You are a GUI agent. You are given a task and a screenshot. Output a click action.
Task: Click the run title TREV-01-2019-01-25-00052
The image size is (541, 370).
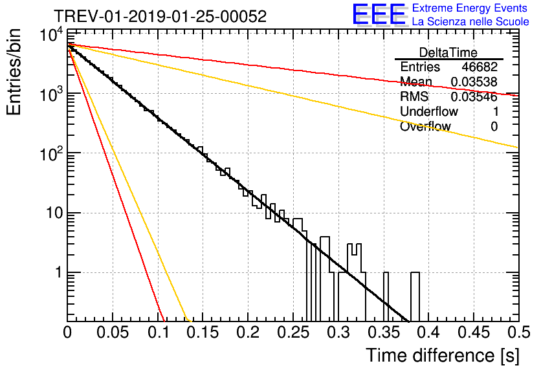pos(159,17)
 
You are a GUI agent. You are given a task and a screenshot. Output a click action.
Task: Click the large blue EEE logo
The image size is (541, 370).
pos(379,16)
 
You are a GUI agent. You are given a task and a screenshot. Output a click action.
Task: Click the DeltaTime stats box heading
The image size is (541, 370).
pos(448,52)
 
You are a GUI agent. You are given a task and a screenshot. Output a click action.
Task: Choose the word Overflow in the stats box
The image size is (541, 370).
pos(425,127)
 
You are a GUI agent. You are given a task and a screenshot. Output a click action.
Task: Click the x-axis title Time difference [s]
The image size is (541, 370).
pos(441,355)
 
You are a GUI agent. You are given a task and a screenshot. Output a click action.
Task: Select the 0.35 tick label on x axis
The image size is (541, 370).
pos(382,333)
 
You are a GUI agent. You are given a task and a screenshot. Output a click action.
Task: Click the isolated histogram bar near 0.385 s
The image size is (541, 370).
pos(415,296)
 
